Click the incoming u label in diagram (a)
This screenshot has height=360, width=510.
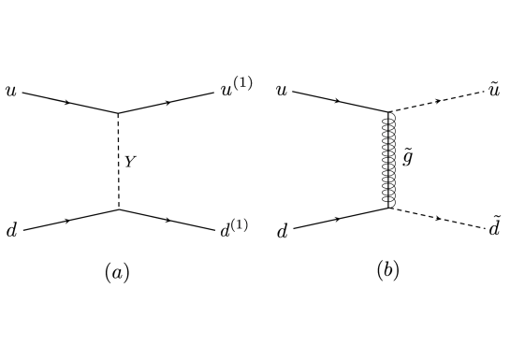tap(10, 93)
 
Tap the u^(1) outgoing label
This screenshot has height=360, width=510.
tap(235, 91)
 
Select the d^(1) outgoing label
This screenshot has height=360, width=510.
tap(234, 226)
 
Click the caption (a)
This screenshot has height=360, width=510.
tap(116, 272)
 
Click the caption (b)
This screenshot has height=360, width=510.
tap(387, 271)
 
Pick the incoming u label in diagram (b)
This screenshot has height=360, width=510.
tap(282, 92)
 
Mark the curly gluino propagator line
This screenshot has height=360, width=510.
tap(388, 160)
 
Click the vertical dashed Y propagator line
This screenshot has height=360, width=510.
tap(118, 161)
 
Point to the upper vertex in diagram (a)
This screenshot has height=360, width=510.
tap(118, 113)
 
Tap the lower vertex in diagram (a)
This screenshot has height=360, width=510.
tap(118, 209)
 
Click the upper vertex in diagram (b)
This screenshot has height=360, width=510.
tap(388, 112)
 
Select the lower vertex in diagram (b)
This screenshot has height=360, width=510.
tap(388, 209)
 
